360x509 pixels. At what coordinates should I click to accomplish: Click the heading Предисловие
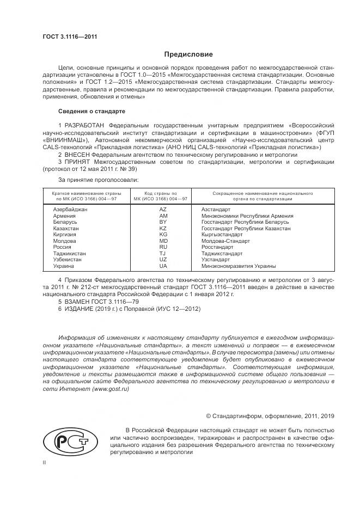[x=189, y=54]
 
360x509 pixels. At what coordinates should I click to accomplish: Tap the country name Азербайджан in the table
[x=70, y=209]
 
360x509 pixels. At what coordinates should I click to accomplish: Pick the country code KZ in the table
[x=163, y=229]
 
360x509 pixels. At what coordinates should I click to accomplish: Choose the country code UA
[x=163, y=266]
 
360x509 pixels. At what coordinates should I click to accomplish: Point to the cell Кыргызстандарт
[x=222, y=235]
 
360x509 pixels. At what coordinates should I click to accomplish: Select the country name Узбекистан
[x=68, y=260]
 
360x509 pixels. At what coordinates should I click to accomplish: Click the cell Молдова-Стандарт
[x=225, y=241]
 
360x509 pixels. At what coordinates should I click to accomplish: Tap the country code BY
[x=163, y=222]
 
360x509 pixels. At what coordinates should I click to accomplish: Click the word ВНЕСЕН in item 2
[x=77, y=155]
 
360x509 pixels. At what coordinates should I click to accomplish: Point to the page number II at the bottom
[x=45, y=462]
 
